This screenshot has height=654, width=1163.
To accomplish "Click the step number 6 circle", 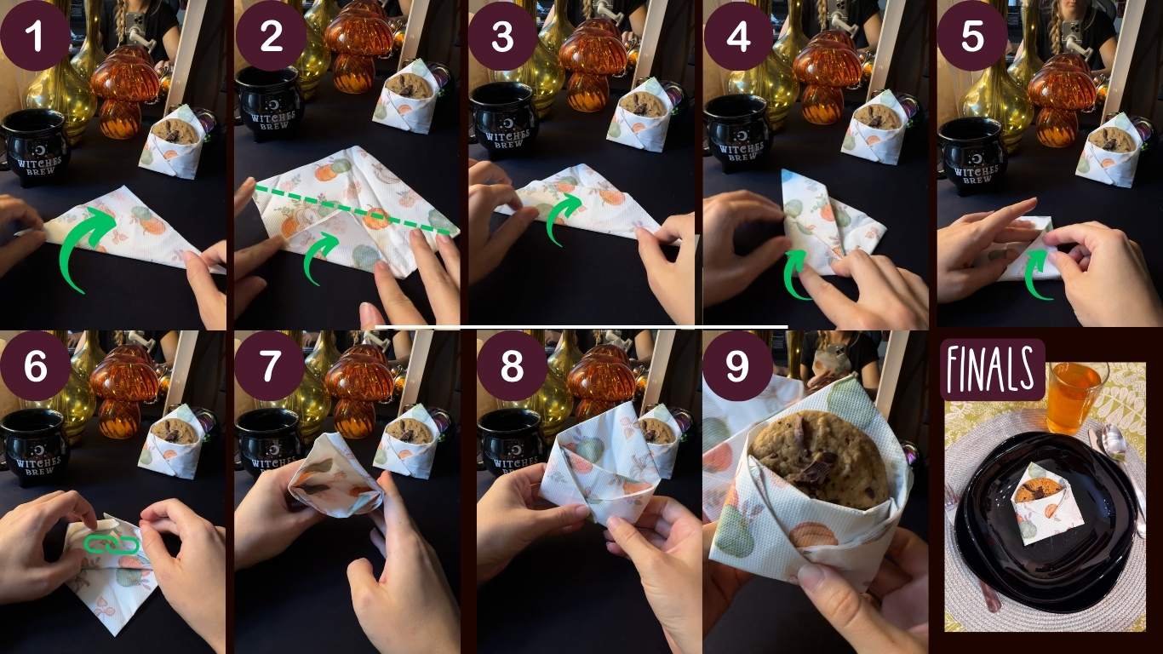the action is point(35,365).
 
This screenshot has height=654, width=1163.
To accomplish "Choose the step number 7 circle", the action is point(269,365).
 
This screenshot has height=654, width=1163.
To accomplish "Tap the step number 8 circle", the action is point(512,365).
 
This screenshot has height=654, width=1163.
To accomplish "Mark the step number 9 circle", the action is point(738,365).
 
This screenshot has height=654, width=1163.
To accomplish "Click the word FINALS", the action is point(992,370).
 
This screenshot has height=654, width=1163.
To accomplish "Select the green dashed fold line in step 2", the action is point(352,209).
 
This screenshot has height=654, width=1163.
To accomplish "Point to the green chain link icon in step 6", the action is point(112,544).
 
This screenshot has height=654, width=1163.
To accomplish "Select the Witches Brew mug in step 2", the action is point(270,104).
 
